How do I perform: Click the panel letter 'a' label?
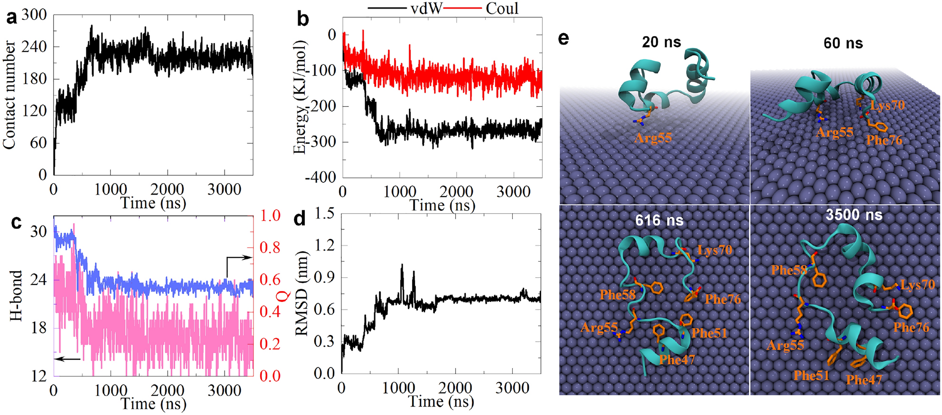tap(11, 18)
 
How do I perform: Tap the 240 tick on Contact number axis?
tap(34, 47)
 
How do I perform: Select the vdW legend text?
tap(426, 8)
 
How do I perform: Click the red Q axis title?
tap(283, 296)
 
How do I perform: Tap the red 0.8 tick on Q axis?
tap(270, 247)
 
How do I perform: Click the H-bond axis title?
tap(16, 295)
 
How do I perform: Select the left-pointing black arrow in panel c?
tap(67, 359)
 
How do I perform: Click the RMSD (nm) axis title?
tap(302, 293)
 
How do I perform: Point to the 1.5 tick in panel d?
tap(324, 213)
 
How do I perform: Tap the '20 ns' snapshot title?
tap(661, 42)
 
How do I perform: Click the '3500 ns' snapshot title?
tap(854, 215)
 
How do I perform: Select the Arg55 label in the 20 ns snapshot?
tap(653, 138)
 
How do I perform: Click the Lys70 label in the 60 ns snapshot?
tap(887, 105)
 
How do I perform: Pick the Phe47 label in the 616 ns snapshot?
tap(677, 360)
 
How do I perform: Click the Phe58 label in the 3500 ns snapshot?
tap(789, 270)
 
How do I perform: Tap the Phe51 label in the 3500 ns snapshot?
tap(811, 376)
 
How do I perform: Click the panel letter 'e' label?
tap(564, 38)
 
